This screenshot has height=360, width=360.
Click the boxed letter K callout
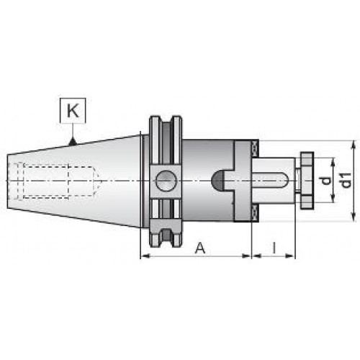pos(73,111)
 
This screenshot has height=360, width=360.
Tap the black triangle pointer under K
pos(73,142)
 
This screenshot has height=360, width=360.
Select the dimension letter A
pos(200,248)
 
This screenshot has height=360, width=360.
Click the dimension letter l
pos(274,248)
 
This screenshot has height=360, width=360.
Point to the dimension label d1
pos(346,180)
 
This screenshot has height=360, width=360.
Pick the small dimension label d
pos(326,181)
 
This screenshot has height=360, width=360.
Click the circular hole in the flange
pos(166,181)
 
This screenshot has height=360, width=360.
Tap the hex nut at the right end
pos(307,181)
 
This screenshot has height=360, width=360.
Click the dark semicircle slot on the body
pos(218,181)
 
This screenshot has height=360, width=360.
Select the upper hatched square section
pos(254,148)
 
